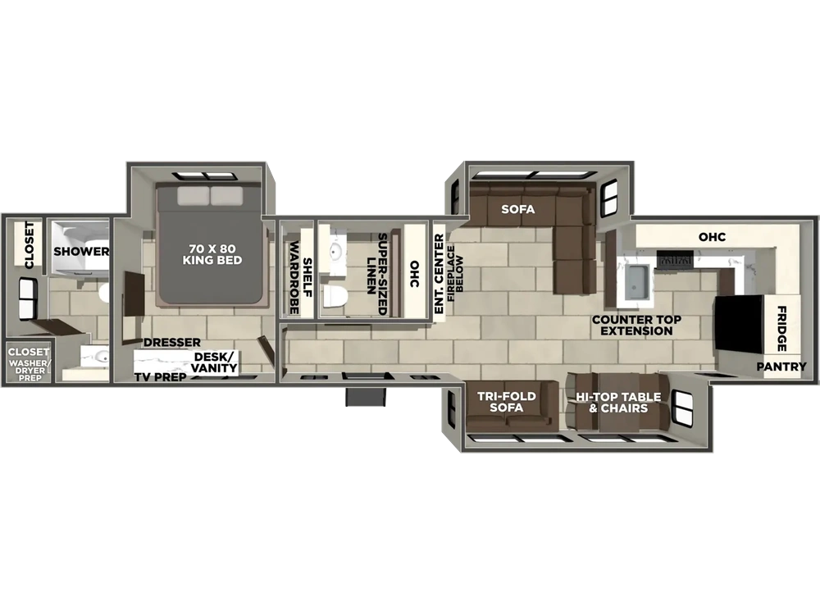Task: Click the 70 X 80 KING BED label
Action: click(x=212, y=254)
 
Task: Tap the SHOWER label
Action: click(x=81, y=251)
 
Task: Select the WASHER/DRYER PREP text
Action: click(x=30, y=371)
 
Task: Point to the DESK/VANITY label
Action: click(x=214, y=362)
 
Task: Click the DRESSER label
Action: click(x=172, y=343)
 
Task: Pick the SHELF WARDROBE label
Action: click(x=301, y=278)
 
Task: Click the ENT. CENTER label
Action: click(x=439, y=274)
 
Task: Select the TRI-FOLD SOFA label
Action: click(x=506, y=402)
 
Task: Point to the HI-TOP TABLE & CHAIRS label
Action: click(x=618, y=402)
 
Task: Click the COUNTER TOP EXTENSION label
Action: click(x=636, y=325)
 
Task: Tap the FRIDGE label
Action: click(x=781, y=329)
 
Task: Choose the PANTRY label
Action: click(x=781, y=367)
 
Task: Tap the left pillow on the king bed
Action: click(x=193, y=196)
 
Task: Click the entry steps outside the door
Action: click(x=366, y=396)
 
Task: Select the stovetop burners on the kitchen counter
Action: click(x=675, y=259)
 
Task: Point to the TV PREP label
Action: click(x=160, y=377)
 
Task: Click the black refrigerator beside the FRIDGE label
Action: click(x=739, y=324)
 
